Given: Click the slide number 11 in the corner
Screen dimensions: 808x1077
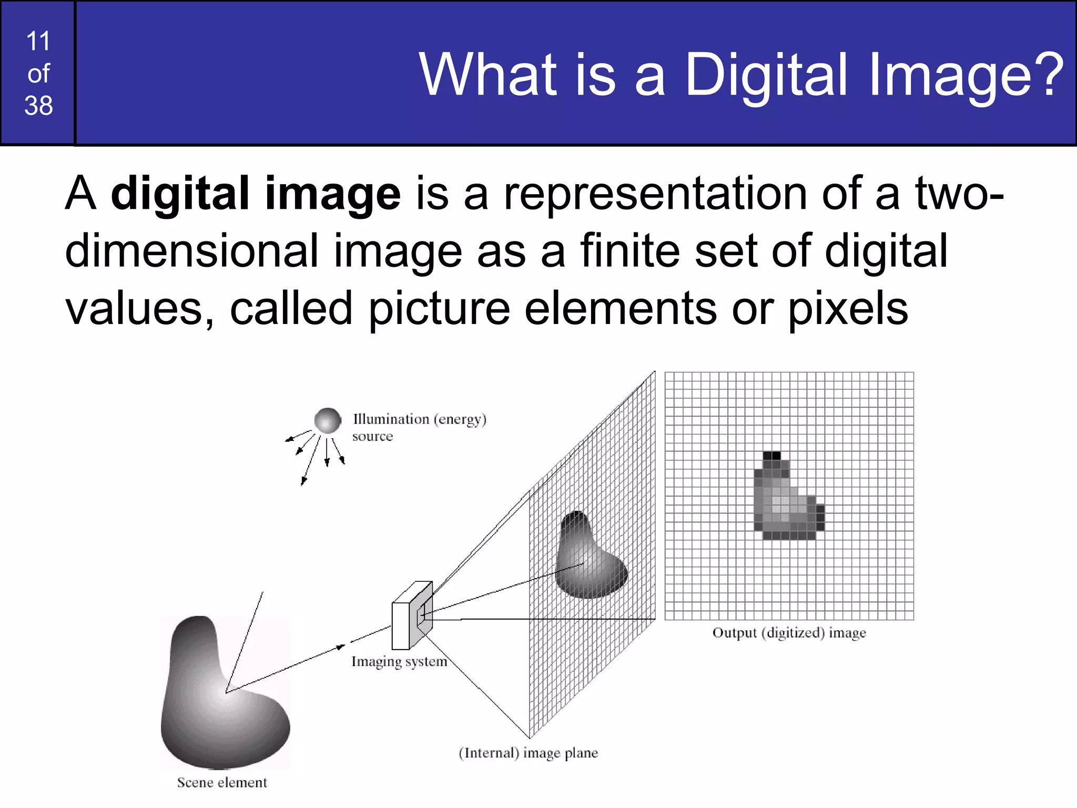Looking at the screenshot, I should point(38,41).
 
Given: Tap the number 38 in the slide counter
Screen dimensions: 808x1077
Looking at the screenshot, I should point(38,106).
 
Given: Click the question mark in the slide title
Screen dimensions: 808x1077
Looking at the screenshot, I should point(1046,74).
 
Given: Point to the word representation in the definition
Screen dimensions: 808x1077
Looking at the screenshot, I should point(655,194).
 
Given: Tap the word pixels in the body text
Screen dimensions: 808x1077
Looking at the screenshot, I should point(847,309).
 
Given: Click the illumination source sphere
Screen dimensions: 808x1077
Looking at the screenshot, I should point(328,420).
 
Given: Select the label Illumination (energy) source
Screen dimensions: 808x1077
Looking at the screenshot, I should point(419,427).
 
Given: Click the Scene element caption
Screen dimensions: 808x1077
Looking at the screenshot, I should point(222,783).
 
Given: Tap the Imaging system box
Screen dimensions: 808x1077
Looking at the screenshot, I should point(412,616).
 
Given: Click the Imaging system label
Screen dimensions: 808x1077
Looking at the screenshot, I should point(399,662).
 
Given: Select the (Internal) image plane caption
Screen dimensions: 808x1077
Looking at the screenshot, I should point(528,753).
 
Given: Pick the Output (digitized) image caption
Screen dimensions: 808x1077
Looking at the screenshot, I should point(789,633).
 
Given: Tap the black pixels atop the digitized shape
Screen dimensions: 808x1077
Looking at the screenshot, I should point(771,456).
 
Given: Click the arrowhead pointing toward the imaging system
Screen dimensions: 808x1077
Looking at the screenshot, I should point(341,647).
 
